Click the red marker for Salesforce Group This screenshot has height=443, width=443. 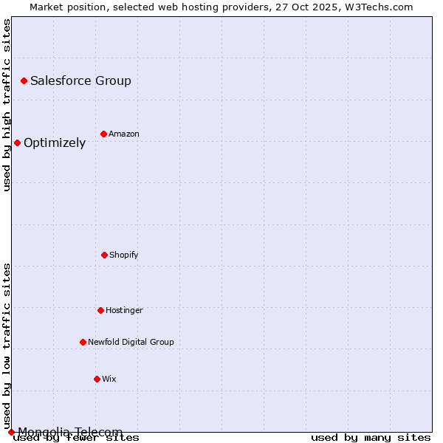pos(24,80)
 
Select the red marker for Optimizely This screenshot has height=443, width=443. pos(17,142)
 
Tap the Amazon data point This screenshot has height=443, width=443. pos(103,134)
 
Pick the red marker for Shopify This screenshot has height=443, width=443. pos(104,255)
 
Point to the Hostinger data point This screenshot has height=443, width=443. pos(100,310)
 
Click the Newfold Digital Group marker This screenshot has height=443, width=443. pos(83,342)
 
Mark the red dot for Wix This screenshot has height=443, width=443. pos(97,379)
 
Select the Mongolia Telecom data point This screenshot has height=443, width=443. pos(11,432)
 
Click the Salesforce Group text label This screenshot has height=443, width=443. pos(80,80)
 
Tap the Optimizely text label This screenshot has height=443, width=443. pos(55,142)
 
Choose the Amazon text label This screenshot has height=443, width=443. pos(124,134)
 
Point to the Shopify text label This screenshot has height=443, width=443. pos(124,255)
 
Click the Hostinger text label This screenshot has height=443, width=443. pos(124,310)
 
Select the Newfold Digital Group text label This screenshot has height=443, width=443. pos(131,342)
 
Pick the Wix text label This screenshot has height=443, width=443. pos(109,379)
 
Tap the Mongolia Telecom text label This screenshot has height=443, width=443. pos(70,432)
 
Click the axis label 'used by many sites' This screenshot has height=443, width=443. pos(371,437)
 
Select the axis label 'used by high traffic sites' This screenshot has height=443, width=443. pos(7,105)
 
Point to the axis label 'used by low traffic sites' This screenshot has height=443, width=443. pos(7,346)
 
